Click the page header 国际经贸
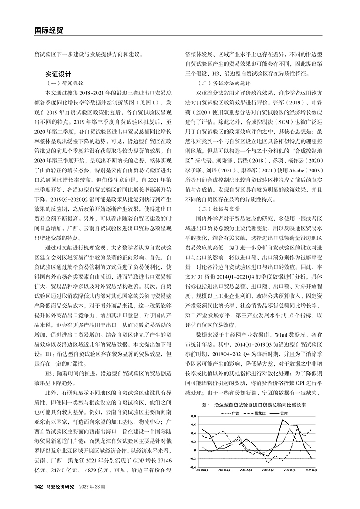pyautogui.click(x=49, y=30)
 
